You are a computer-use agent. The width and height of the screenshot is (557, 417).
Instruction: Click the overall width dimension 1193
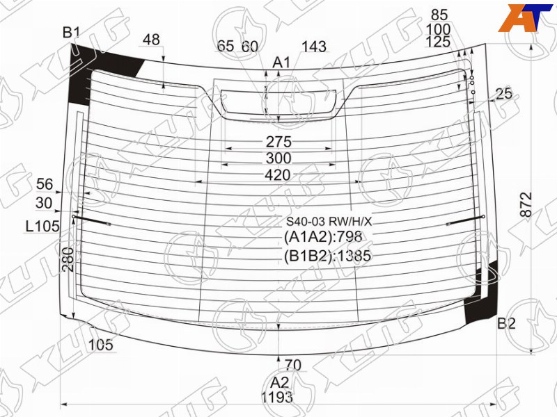(x=277, y=397)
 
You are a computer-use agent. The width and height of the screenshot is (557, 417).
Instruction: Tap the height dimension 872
(x=526, y=204)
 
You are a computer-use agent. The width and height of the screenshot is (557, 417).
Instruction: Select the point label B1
(x=71, y=33)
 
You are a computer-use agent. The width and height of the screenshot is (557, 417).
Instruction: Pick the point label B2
(x=506, y=323)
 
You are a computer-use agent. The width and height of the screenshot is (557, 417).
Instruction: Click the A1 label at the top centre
(x=282, y=63)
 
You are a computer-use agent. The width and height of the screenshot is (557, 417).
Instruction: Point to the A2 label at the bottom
(x=280, y=383)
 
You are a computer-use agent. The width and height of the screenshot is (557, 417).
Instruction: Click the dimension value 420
(x=277, y=175)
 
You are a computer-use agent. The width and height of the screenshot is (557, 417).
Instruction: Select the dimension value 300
(x=278, y=158)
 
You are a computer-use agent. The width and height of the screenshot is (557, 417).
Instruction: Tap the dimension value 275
(x=279, y=142)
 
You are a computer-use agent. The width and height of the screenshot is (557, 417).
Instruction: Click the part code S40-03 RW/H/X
(x=329, y=222)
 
